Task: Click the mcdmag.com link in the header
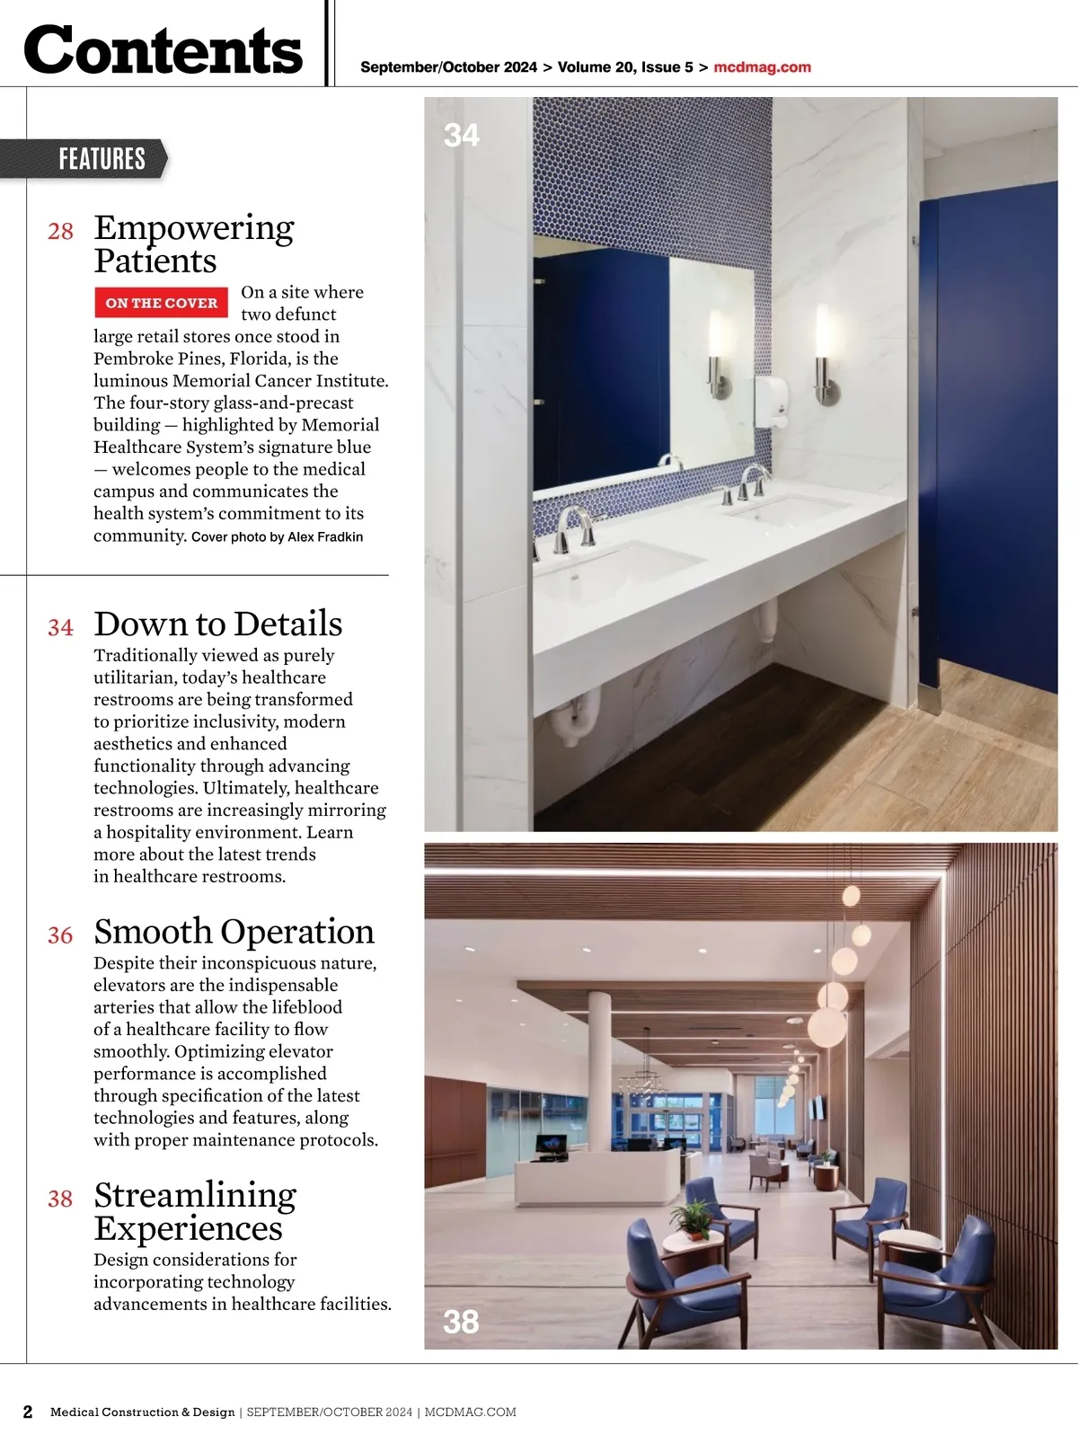tap(762, 67)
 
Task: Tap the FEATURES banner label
tap(102, 159)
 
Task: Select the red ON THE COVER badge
tap(162, 303)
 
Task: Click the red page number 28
tap(60, 232)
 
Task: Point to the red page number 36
tap(60, 935)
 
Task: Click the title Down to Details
tap(217, 624)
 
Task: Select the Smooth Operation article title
tap(234, 932)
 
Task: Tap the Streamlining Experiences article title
tap(194, 1211)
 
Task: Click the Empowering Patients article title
tap(193, 243)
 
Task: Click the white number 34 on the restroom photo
tap(462, 136)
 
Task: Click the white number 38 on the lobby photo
tap(461, 1322)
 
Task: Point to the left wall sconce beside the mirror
tap(716, 353)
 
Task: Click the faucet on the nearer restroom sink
tap(575, 526)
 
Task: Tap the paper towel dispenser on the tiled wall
tap(770, 400)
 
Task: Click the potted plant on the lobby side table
tap(693, 1218)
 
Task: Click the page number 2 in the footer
tap(28, 1412)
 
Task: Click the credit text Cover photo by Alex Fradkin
tap(277, 537)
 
